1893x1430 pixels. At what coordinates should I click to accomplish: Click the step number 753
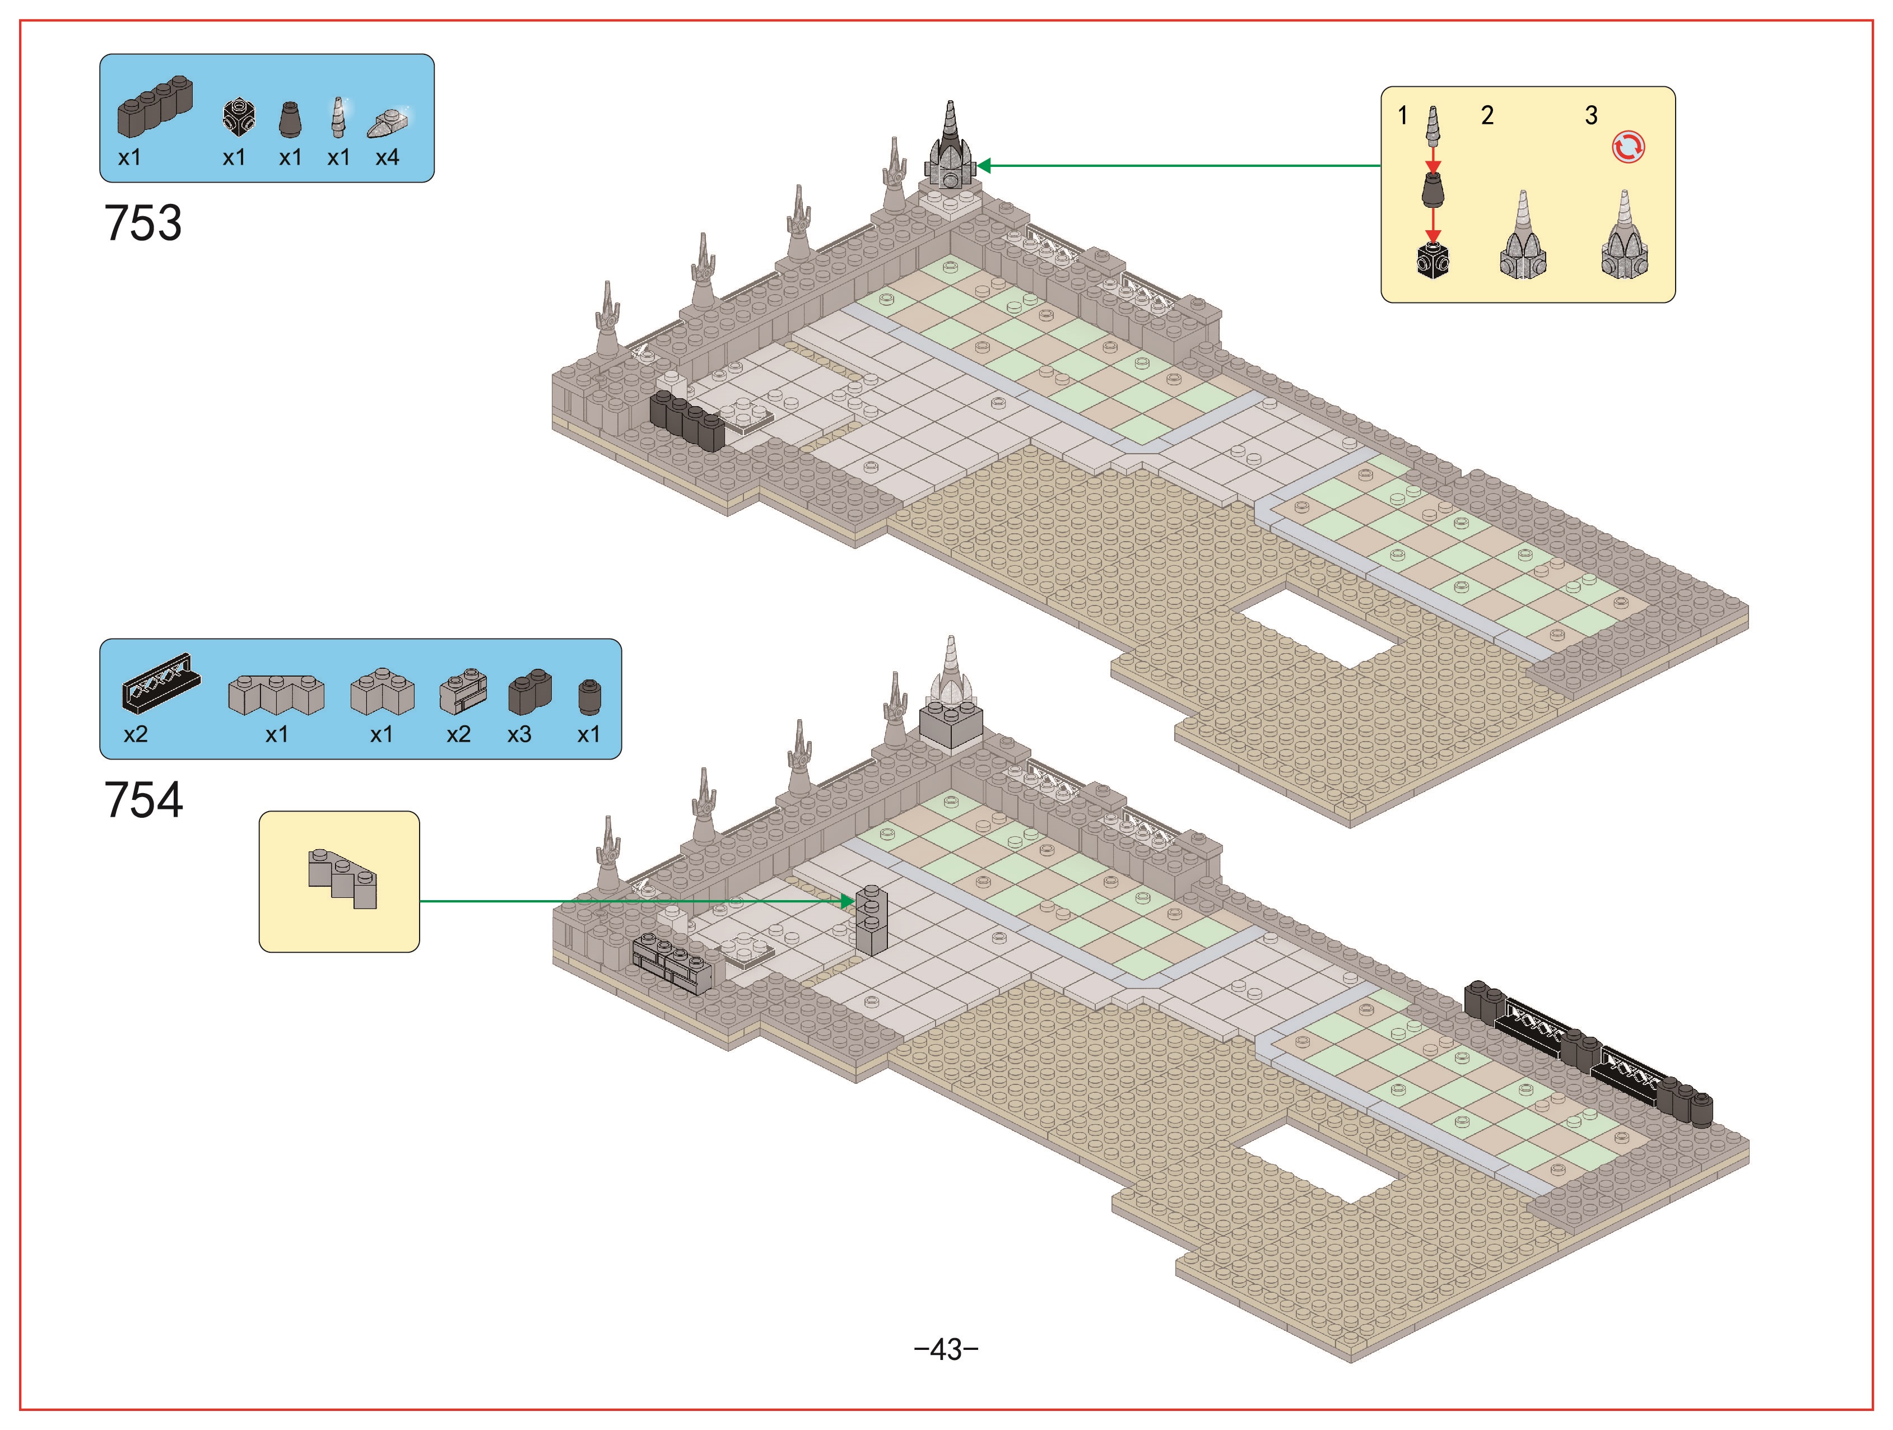[x=143, y=223]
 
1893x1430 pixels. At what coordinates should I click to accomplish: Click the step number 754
[x=143, y=800]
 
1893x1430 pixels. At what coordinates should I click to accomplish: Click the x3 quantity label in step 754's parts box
[x=519, y=734]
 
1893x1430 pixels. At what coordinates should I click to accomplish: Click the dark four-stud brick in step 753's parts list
[x=155, y=106]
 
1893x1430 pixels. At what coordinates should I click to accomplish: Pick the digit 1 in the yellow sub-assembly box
[x=1403, y=115]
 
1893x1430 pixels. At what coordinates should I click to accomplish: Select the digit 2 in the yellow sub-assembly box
[x=1487, y=115]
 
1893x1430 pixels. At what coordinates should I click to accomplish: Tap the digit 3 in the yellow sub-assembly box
[x=1591, y=115]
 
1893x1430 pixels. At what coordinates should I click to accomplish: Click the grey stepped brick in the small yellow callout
[x=342, y=879]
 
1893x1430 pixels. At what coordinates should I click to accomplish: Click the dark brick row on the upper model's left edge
[x=687, y=421]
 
